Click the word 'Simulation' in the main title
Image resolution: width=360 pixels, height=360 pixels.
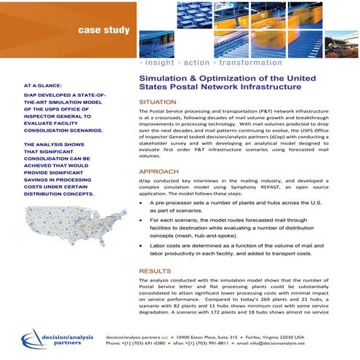[x=161, y=76]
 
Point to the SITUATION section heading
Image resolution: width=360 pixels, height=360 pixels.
[x=157, y=103]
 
